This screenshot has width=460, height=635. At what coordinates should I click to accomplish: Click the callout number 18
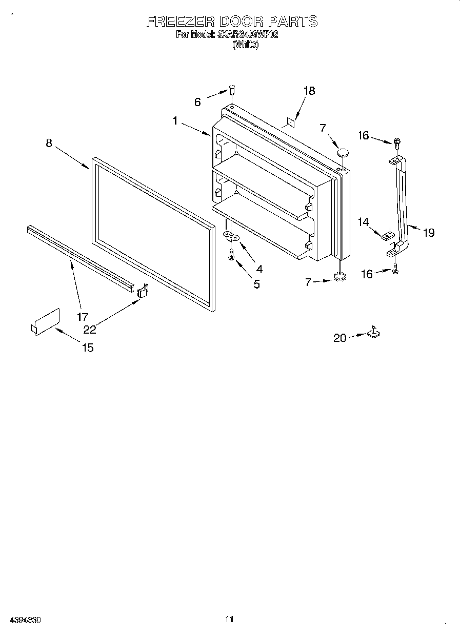coord(309,91)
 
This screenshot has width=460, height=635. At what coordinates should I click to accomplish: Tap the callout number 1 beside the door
coord(175,121)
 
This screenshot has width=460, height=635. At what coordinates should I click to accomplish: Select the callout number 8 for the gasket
coord(49,143)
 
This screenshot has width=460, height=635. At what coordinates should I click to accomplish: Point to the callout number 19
coord(429,233)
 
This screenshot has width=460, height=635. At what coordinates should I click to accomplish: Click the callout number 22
coord(90,330)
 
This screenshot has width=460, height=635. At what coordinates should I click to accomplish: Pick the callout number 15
coord(88,347)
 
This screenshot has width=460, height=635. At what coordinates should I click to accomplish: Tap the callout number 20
coord(340,338)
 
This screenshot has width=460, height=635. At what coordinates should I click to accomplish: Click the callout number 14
coord(364,222)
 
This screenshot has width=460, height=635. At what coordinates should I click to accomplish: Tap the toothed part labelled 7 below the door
coord(338,277)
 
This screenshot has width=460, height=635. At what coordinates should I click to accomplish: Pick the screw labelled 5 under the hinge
coord(231,254)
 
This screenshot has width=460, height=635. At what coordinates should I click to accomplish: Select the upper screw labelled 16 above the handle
coord(397,141)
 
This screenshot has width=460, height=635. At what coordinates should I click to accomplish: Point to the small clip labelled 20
coord(373,333)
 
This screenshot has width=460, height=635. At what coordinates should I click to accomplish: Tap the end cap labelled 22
coord(143,291)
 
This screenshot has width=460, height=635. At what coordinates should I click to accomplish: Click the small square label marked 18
coord(291,122)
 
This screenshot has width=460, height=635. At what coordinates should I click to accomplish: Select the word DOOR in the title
coord(242,21)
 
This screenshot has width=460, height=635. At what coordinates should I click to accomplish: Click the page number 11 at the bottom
coord(229,619)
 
